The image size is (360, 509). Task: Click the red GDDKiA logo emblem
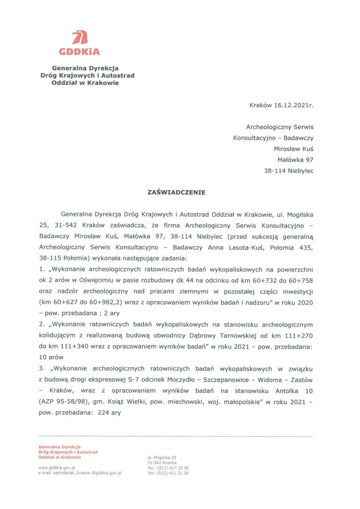tap(80, 38)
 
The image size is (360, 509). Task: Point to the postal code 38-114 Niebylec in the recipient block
tap(288, 171)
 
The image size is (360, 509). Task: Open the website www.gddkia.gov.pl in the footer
tap(56, 468)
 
